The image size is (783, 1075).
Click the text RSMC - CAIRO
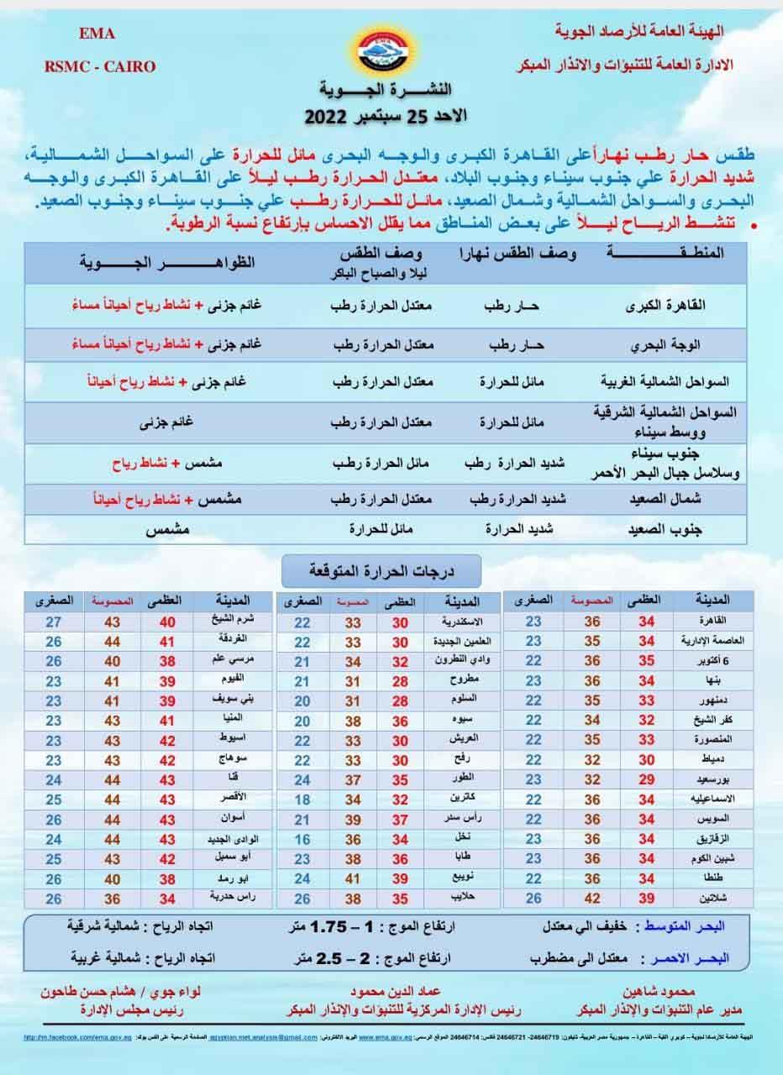pos(99,66)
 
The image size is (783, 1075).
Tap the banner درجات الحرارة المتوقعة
pos(381,570)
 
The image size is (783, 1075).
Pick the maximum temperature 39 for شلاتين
pos(646,898)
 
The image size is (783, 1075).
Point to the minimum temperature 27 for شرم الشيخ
pos(54,622)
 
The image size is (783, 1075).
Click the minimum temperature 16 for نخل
pos(302,839)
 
